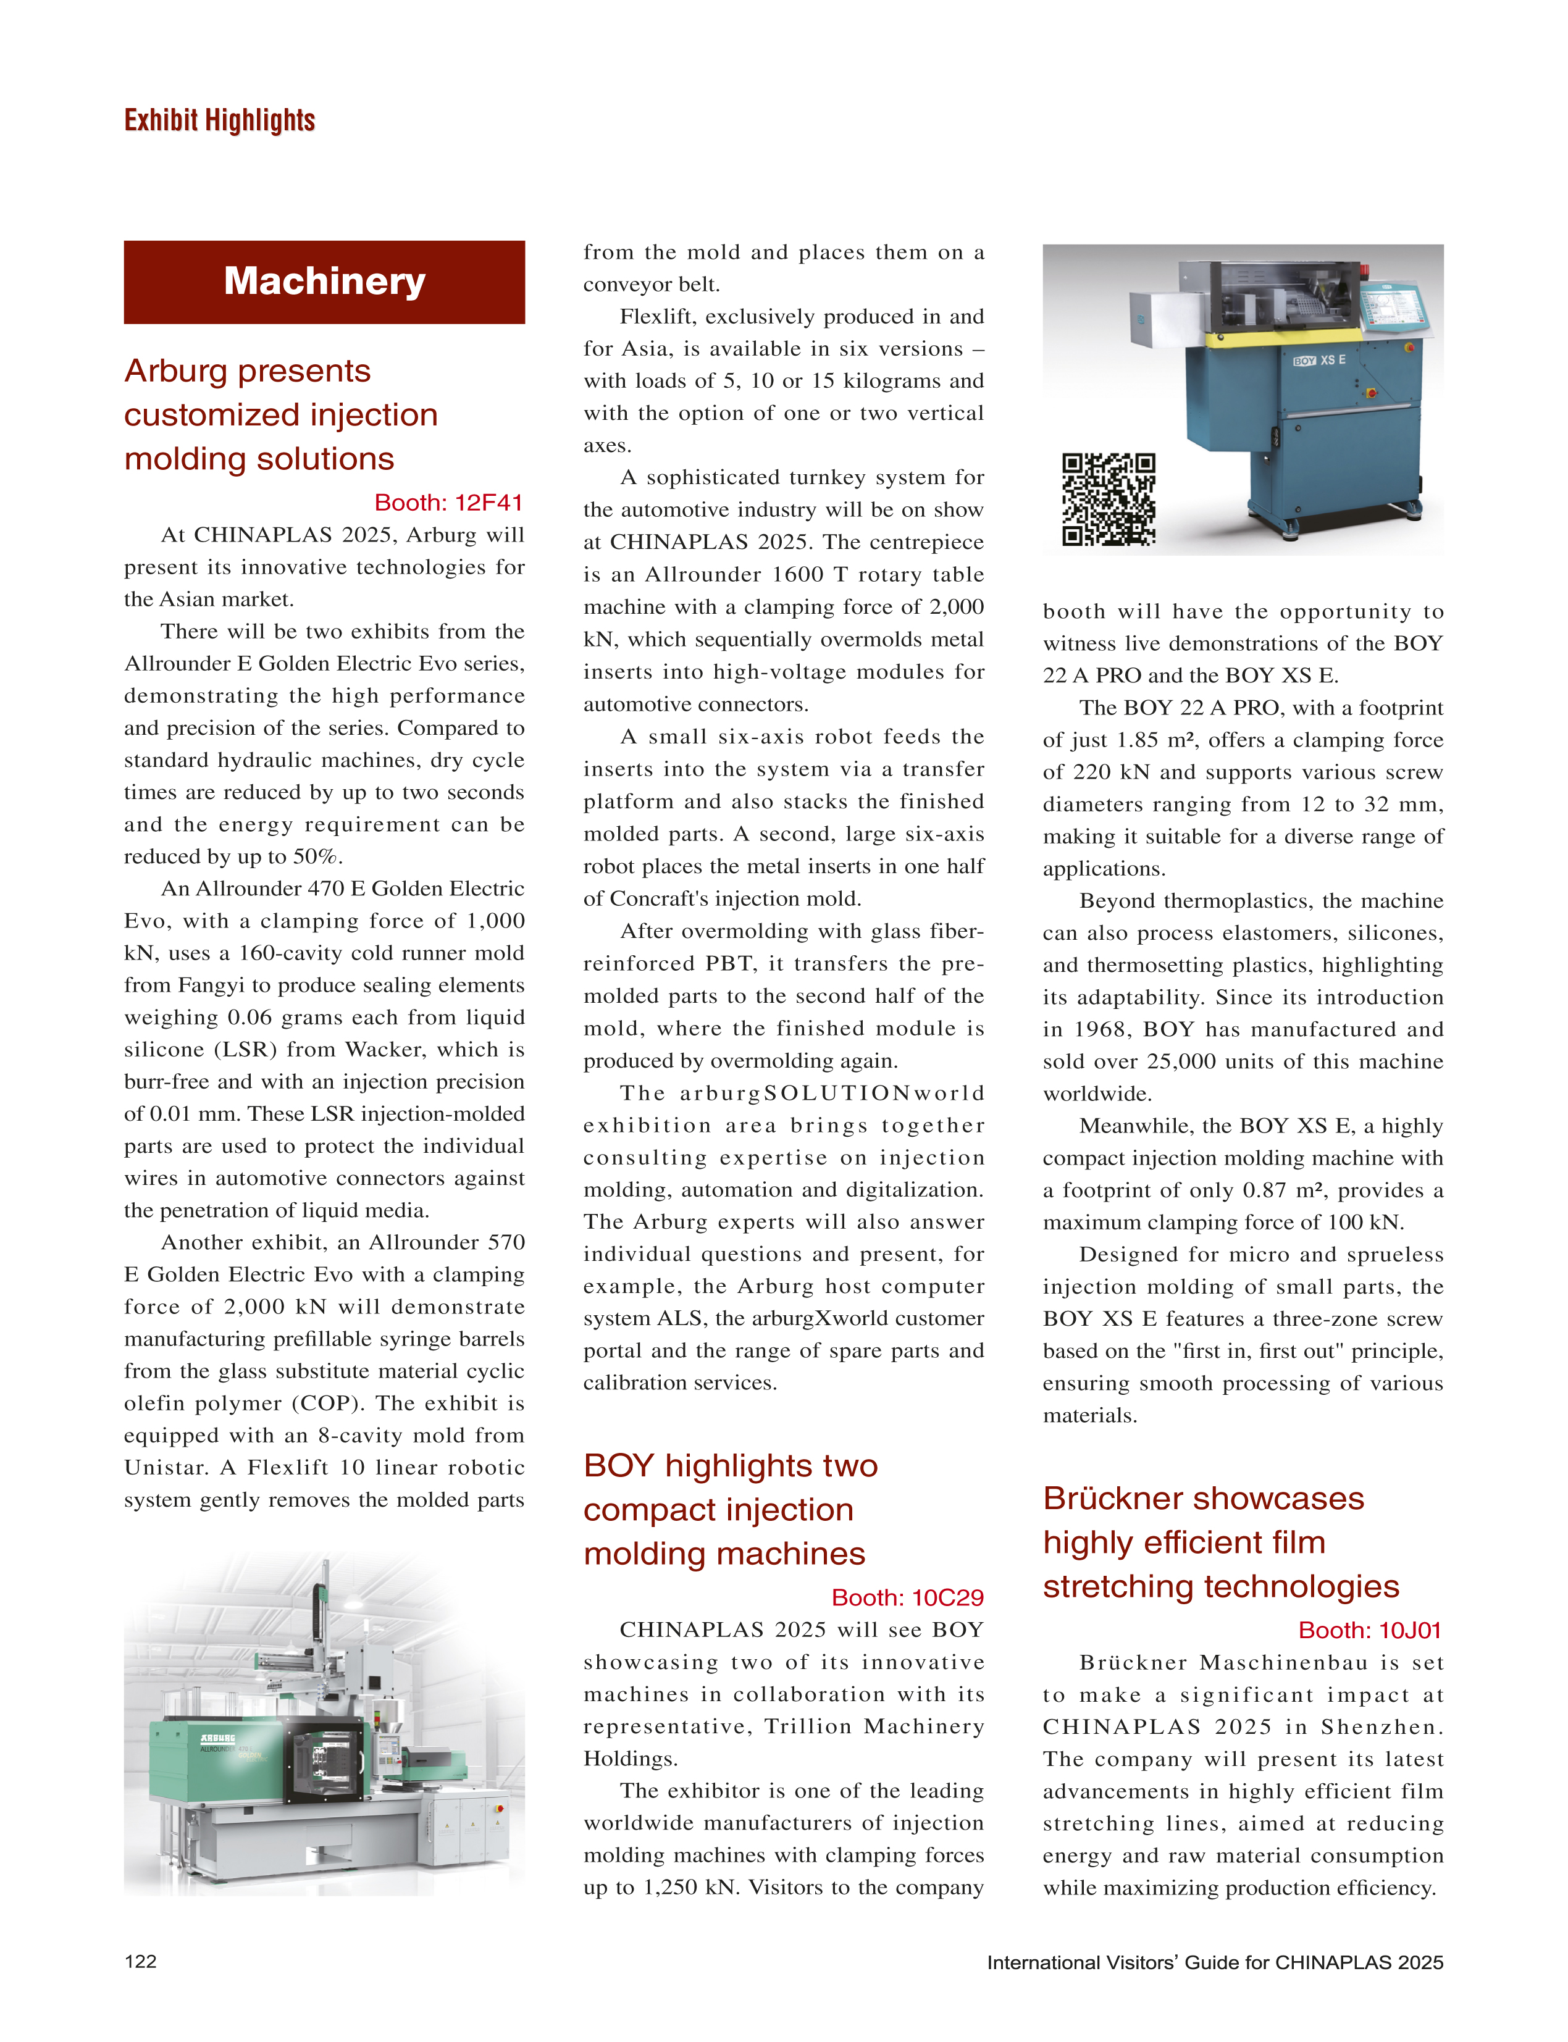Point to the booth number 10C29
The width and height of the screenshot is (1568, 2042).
tap(907, 1598)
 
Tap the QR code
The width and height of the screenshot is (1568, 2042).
tap(1108, 500)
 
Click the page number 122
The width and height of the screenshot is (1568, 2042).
tap(141, 1961)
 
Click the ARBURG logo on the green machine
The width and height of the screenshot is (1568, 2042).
tap(217, 1739)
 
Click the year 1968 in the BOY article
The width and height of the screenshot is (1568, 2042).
tap(1101, 1029)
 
